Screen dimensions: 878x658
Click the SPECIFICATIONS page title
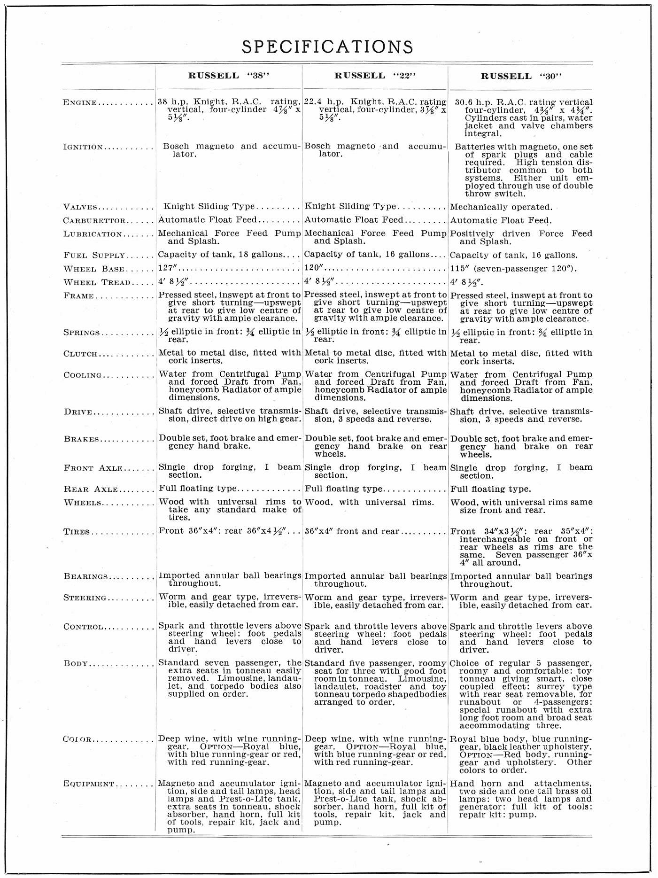pyautogui.click(x=327, y=47)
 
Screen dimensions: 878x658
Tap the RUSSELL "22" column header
pyautogui.click(x=375, y=76)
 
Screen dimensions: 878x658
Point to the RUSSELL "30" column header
pyautogui.click(x=521, y=76)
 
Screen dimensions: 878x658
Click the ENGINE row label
pyautogui.click(x=80, y=103)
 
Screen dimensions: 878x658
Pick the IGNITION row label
pyautogui.click(x=83, y=147)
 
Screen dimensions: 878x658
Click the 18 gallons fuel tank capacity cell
pyautogui.click(x=221, y=255)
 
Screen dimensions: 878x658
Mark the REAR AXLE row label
pyautogui.click(x=91, y=490)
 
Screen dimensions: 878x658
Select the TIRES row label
pyautogui.click(x=77, y=532)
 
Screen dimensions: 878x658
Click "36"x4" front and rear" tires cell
pyautogui.click(x=352, y=531)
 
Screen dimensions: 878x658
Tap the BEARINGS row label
pyautogui.click(x=86, y=576)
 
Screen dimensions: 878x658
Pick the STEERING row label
pyautogui.click(x=85, y=598)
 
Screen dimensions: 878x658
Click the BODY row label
pyautogui.click(x=76, y=664)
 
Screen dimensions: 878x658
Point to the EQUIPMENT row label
pyautogui.click(x=89, y=784)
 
